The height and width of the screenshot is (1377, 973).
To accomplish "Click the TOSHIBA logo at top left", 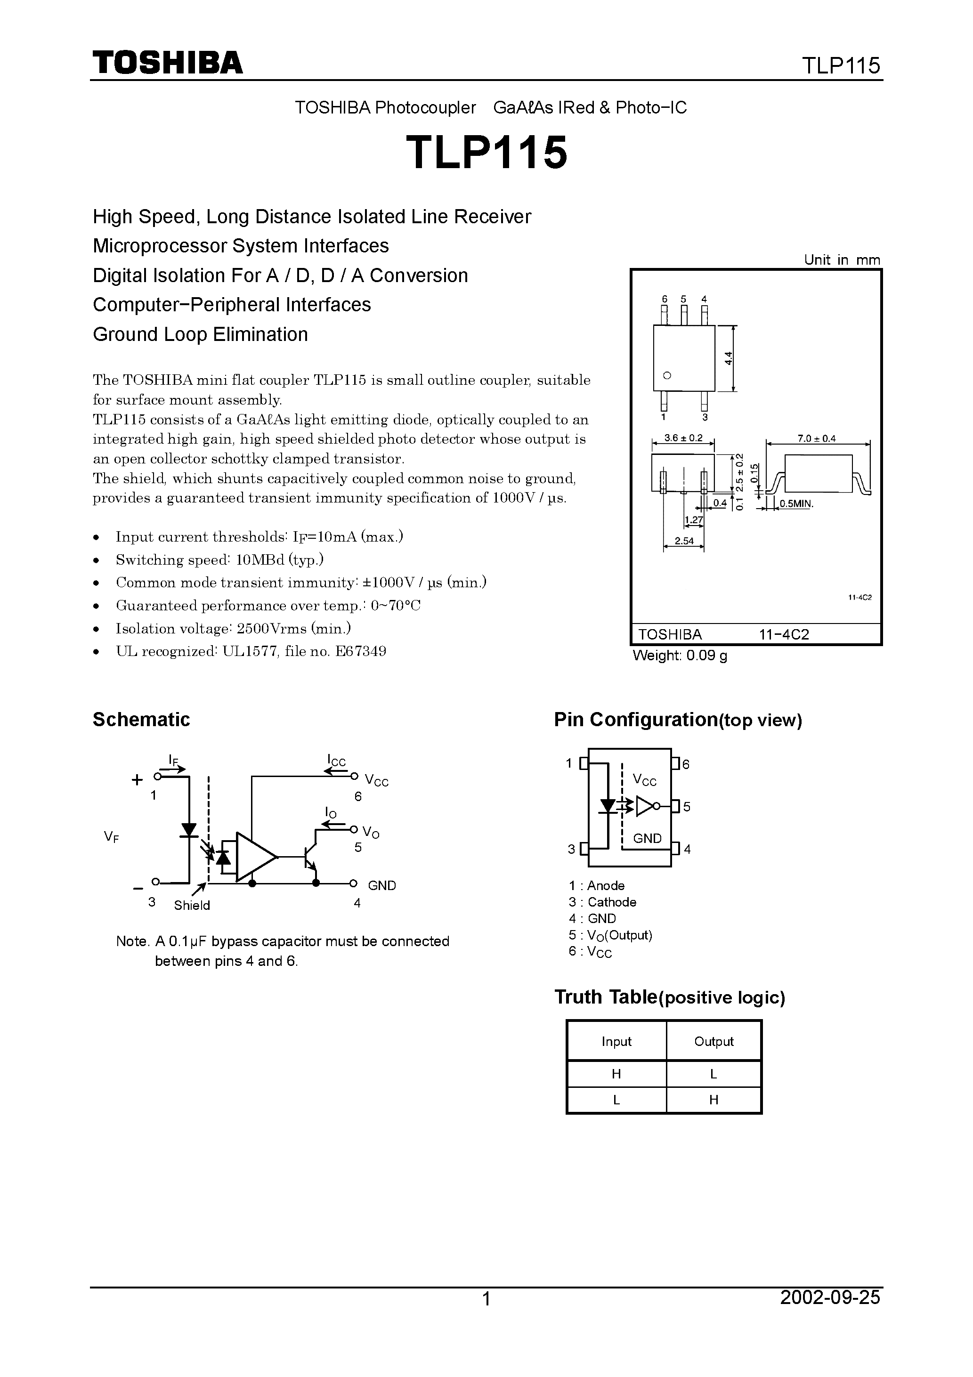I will point(167,62).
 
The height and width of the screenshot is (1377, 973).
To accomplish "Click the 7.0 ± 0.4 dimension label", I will point(817,438).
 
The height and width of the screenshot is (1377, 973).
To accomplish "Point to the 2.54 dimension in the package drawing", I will point(684,541).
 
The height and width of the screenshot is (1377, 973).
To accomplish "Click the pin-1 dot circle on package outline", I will point(666,375).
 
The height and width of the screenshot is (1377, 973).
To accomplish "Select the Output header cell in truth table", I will point(713,1042).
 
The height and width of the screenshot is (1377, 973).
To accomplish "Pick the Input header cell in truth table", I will point(616,1042).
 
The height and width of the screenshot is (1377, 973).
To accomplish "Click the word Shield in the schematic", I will point(192,906).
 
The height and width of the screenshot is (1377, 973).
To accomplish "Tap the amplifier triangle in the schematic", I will point(254,857).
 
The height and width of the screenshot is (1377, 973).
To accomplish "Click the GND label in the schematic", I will point(381,886).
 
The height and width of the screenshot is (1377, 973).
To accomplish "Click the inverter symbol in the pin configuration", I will point(647,807).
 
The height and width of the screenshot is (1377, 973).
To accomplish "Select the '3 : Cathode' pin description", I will point(602,902).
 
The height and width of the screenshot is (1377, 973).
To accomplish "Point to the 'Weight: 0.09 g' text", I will point(680,656).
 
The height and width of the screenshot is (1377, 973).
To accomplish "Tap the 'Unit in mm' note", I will point(842,259).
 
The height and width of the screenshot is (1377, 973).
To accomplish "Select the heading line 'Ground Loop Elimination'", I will point(200,334).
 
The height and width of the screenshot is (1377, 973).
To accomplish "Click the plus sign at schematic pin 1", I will point(138,780).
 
